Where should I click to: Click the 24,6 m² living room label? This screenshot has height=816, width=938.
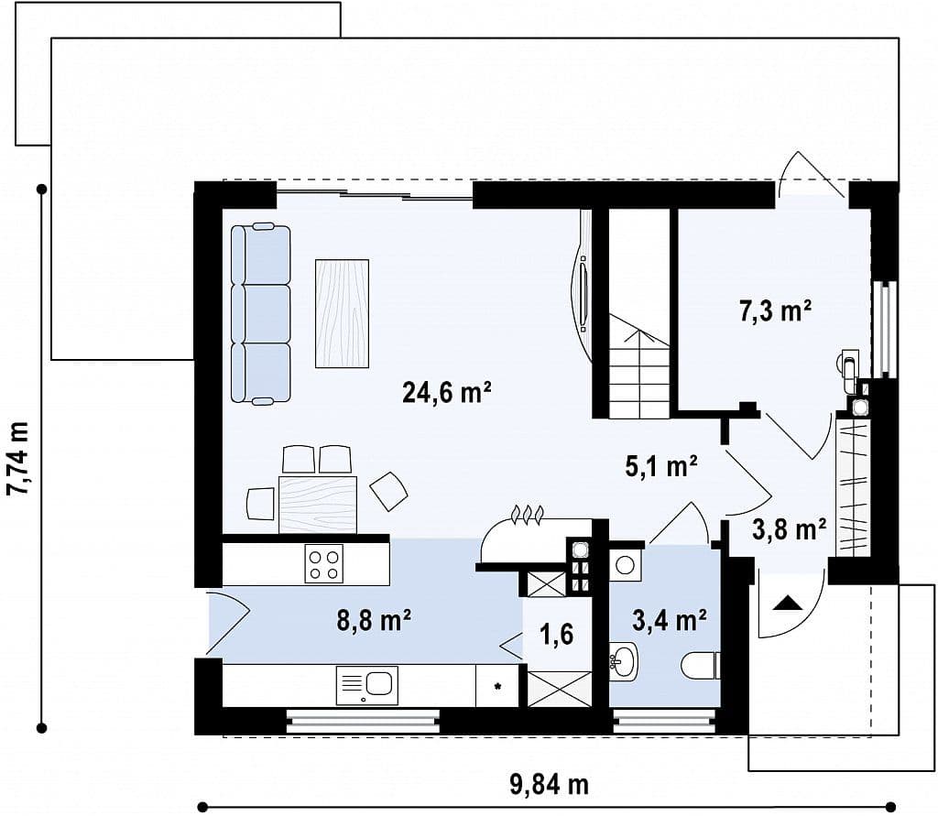click(x=447, y=393)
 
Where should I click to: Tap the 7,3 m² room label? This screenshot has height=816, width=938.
click(x=775, y=311)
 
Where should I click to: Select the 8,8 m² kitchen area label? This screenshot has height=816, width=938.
click(x=374, y=620)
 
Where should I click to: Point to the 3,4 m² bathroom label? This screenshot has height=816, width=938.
click(x=670, y=620)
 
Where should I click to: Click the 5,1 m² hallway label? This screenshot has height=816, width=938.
click(x=661, y=467)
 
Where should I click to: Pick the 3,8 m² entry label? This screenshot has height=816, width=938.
click(x=789, y=529)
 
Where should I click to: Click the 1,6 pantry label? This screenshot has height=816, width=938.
click(x=557, y=634)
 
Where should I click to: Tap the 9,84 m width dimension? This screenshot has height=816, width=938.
click(x=550, y=784)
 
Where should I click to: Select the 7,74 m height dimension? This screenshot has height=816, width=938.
click(x=18, y=459)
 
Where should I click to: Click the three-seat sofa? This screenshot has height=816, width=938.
click(x=261, y=313)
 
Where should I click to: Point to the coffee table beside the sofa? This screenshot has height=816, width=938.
click(x=343, y=313)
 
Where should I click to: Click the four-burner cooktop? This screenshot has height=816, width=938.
click(x=323, y=563)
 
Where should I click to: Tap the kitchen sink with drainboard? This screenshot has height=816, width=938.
click(x=366, y=686)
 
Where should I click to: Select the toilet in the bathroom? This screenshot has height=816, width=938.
click(x=701, y=666)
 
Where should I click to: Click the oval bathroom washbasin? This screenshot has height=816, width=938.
click(x=623, y=661)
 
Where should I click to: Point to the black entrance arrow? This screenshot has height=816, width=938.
click(x=787, y=603)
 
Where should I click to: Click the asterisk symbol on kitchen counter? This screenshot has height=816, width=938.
click(x=497, y=686)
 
